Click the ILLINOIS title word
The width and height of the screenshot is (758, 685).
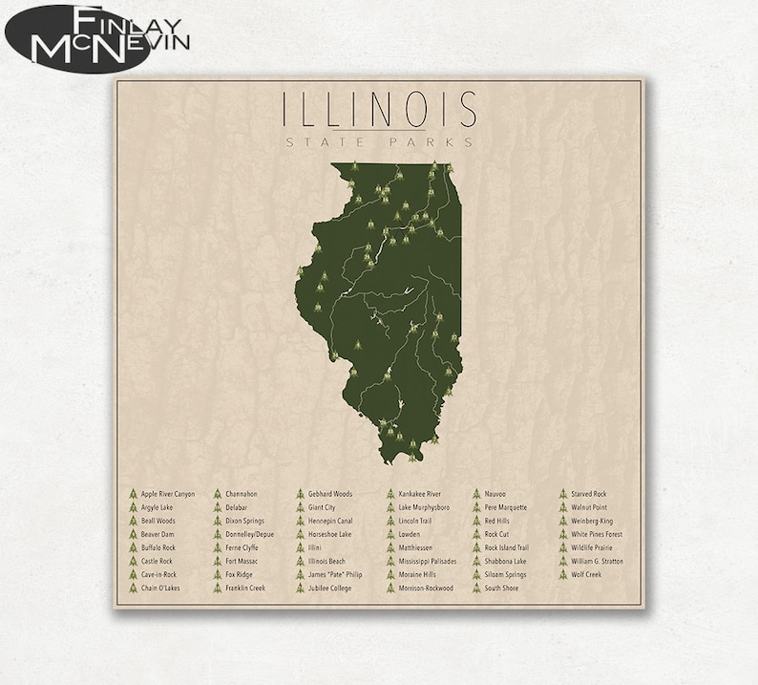click(379, 110)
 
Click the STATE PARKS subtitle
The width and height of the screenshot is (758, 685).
click(379, 142)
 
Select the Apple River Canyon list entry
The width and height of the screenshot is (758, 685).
click(167, 494)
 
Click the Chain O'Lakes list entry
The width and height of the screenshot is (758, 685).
click(159, 589)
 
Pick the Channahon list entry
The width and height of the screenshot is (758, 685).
click(242, 494)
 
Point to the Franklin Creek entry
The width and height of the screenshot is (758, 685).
click(245, 589)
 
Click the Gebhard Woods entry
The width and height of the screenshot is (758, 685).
click(329, 494)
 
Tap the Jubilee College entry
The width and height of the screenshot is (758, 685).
click(329, 589)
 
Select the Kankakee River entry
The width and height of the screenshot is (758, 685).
click(419, 494)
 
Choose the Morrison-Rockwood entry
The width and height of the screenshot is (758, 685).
click(425, 589)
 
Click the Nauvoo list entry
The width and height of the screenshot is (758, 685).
click(495, 494)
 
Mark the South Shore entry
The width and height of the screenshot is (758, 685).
click(500, 589)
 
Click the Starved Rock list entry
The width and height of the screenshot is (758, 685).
click(588, 494)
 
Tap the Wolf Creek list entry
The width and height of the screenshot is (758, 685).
click(585, 575)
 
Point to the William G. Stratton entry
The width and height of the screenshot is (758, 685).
click(597, 562)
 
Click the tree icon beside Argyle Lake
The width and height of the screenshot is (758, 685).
click(133, 507)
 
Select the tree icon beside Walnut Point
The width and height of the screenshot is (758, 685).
click(563, 507)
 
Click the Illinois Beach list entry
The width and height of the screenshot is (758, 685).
click(326, 562)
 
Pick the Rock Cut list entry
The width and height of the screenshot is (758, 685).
click(496, 534)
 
